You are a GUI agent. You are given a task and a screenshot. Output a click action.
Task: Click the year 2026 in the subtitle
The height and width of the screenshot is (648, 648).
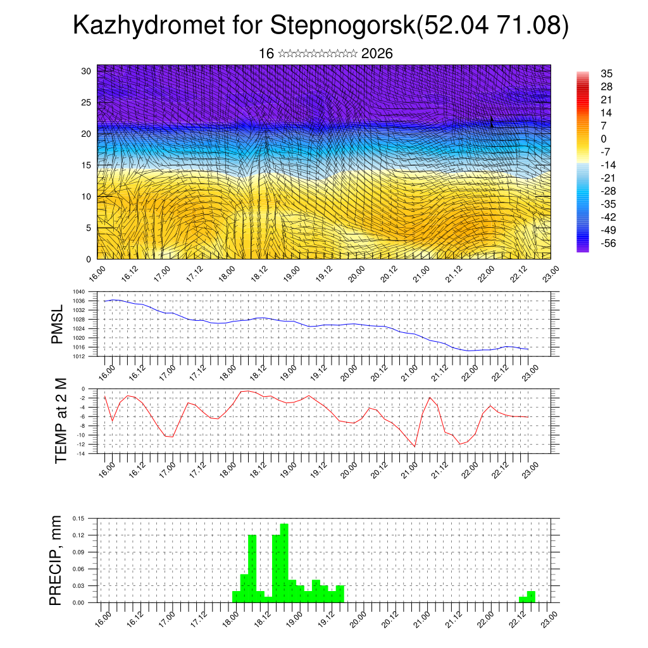tap(377, 54)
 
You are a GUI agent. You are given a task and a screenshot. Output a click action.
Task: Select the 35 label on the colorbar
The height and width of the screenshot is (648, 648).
tap(607, 74)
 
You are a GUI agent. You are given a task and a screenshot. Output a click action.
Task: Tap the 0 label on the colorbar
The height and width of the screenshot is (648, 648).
tap(604, 139)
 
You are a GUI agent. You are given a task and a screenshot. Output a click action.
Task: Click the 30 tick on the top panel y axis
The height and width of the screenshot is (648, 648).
tap(86, 71)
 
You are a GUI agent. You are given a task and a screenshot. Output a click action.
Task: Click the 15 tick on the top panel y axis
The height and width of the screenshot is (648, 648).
tap(86, 165)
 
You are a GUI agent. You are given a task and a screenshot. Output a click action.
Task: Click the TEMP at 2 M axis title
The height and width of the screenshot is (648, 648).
tap(61, 421)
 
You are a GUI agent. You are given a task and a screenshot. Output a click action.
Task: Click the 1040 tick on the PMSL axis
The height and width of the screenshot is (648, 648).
tap(79, 292)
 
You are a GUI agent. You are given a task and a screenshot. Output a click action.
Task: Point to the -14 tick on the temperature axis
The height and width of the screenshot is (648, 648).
tap(80, 453)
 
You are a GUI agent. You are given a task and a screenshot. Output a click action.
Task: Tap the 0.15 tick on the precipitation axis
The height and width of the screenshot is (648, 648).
tap(78, 518)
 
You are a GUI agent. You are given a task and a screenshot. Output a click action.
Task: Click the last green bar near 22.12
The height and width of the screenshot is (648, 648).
tap(531, 597)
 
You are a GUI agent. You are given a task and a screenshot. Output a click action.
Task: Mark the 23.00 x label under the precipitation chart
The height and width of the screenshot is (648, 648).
tap(549, 617)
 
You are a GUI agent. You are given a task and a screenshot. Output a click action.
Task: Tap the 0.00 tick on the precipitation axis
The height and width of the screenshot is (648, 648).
tap(78, 602)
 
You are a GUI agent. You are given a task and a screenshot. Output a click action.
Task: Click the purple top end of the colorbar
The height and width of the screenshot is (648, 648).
tap(583, 75)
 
